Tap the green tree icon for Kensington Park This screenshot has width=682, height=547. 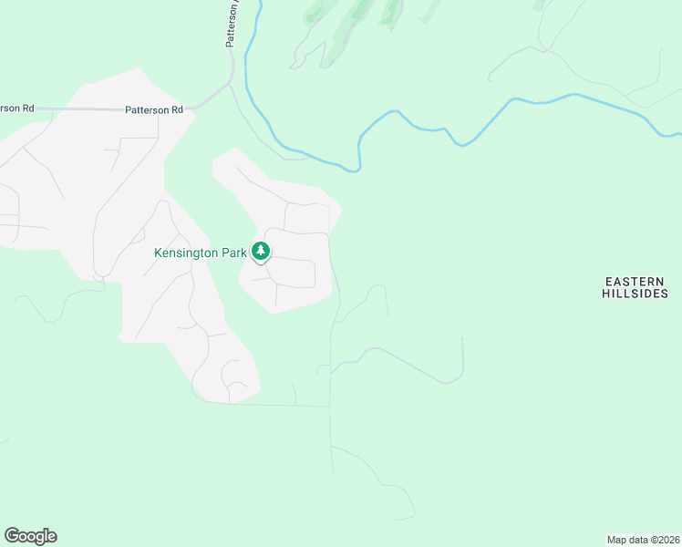(x=261, y=250)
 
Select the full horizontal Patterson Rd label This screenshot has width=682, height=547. (x=154, y=109)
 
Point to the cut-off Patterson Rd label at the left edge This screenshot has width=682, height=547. (x=16, y=108)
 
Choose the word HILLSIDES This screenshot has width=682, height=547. (x=635, y=294)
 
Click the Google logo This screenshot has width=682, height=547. (x=30, y=536)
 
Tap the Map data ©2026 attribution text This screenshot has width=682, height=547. (x=644, y=539)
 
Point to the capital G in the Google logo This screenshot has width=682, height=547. (x=12, y=536)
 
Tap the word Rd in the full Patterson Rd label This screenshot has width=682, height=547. (x=177, y=109)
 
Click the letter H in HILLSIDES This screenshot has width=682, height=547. (x=606, y=294)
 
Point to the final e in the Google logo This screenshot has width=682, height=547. (x=51, y=537)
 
